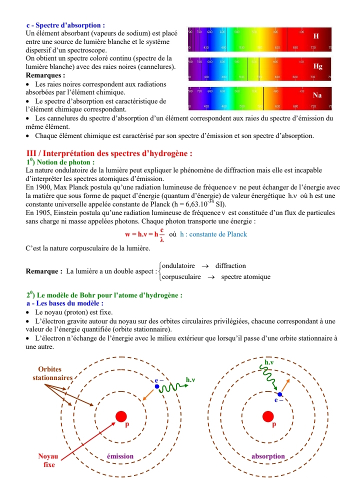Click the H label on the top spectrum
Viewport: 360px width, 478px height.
(x=315, y=36)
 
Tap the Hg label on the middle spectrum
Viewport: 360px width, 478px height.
(x=317, y=66)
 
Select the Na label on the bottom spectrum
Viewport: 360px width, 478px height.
(x=317, y=95)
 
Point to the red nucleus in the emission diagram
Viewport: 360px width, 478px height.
(x=121, y=416)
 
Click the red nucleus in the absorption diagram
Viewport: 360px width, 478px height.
(x=268, y=416)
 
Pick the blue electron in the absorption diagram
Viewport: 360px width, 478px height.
(x=280, y=394)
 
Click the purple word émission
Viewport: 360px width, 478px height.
(x=120, y=456)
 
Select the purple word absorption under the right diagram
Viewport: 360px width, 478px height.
(x=268, y=456)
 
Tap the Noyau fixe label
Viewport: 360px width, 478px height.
(x=48, y=460)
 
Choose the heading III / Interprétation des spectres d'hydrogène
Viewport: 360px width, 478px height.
(x=109, y=153)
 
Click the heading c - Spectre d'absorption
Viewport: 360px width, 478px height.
(x=65, y=24)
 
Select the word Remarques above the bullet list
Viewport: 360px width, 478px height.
(x=45, y=74)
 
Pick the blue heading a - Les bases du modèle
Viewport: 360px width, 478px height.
(x=64, y=303)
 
